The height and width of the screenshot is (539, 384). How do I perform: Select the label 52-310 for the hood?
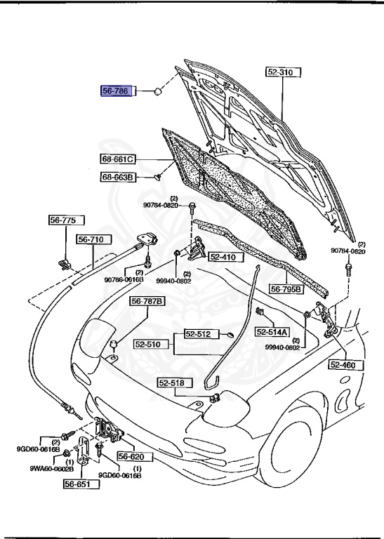[282, 72]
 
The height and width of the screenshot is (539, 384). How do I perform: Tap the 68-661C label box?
[117, 159]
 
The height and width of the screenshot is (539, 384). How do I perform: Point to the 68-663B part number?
[117, 178]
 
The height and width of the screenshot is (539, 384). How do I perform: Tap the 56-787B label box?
[147, 302]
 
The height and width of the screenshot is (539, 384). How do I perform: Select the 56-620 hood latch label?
[135, 455]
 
